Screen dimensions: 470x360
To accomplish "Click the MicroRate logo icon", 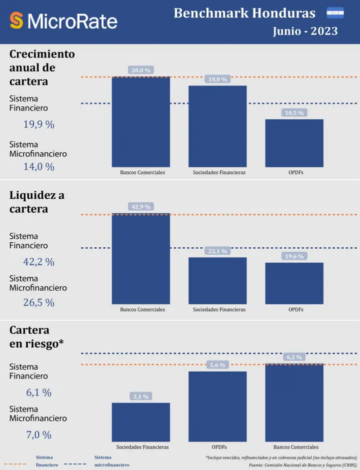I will (16, 20).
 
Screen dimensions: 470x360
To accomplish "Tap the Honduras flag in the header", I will (335, 12).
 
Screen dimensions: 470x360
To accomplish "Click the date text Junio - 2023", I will (305, 31).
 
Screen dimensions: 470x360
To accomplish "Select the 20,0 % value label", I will (140, 70).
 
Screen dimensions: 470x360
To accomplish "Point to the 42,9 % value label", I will (140, 207).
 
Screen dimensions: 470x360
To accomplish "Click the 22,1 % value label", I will (217, 251).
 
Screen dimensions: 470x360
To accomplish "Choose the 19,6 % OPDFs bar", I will (294, 283).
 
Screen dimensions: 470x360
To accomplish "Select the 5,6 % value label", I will (217, 365).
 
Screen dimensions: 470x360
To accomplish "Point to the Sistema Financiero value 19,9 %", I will (38, 125).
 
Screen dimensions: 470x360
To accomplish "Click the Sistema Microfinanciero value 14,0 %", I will (38, 167).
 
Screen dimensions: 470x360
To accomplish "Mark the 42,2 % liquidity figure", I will (38, 262).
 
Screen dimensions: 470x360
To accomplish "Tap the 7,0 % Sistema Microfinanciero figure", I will (38, 435).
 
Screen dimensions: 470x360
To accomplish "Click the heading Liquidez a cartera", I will (36, 202).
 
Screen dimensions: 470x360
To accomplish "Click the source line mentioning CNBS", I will (303, 465).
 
